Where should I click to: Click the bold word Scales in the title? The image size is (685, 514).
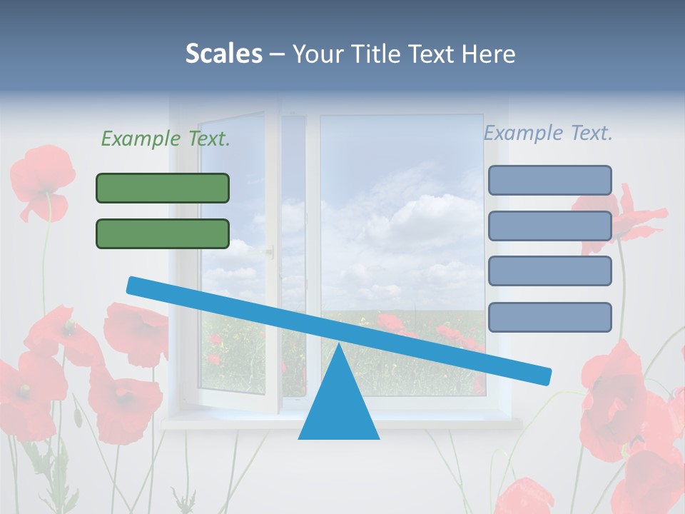click(x=223, y=54)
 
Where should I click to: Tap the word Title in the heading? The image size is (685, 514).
click(x=377, y=54)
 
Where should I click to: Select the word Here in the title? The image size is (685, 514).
click(x=489, y=54)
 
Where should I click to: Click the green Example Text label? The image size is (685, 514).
click(x=166, y=138)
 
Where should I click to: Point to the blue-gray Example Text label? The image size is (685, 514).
click(x=548, y=133)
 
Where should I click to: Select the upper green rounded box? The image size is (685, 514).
click(x=163, y=188)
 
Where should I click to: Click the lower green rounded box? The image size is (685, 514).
click(x=163, y=233)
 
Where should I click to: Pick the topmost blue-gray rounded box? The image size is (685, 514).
click(x=549, y=180)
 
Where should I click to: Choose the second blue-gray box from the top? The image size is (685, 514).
click(x=549, y=226)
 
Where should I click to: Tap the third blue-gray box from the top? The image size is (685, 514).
click(x=549, y=271)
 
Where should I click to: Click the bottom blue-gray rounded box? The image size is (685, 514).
click(x=549, y=317)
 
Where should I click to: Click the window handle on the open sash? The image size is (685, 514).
click(x=270, y=251)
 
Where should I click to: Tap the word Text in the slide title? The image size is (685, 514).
click(x=432, y=54)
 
